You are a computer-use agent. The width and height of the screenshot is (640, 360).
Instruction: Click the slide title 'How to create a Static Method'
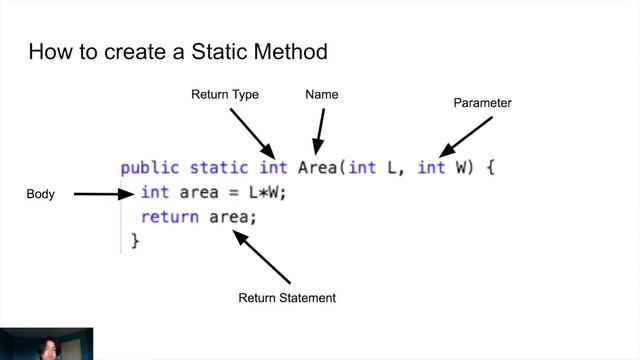177,50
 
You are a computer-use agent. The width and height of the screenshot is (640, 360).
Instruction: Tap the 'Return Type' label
225,95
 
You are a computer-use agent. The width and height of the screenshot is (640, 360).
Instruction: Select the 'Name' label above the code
321,95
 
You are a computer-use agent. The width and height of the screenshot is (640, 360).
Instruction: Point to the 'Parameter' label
483,103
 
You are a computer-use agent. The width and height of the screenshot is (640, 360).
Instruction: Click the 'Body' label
40,195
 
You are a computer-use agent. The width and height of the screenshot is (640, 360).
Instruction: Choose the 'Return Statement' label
287,298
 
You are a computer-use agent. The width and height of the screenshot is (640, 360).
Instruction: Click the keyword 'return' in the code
169,216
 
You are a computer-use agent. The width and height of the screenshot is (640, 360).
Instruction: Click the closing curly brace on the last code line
135,240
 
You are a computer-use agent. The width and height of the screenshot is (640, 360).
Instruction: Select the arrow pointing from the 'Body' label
103,194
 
